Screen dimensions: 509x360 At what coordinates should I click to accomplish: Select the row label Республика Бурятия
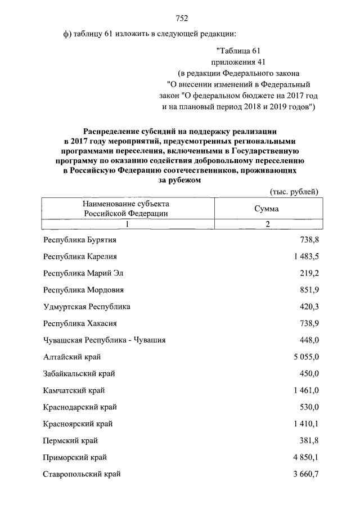click(x=79, y=240)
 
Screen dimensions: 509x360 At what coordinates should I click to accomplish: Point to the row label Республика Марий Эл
click(x=83, y=273)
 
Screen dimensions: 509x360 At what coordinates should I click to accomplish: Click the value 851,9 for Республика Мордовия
click(x=309, y=290)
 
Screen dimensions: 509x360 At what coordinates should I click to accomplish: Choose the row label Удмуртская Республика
click(x=87, y=307)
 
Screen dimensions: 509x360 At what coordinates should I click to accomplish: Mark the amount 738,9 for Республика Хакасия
click(x=309, y=324)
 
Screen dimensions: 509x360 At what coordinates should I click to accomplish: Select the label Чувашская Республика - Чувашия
click(x=104, y=340)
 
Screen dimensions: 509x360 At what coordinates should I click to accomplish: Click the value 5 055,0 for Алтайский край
click(x=303, y=357)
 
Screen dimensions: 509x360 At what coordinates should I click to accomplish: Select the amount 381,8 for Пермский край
click(x=309, y=440)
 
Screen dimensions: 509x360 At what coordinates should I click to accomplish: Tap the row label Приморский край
click(x=75, y=457)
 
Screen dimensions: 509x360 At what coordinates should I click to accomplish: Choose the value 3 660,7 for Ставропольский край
click(x=303, y=474)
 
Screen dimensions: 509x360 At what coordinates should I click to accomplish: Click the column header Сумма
click(x=267, y=208)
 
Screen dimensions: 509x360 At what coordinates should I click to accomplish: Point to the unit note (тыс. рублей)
click(x=294, y=191)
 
